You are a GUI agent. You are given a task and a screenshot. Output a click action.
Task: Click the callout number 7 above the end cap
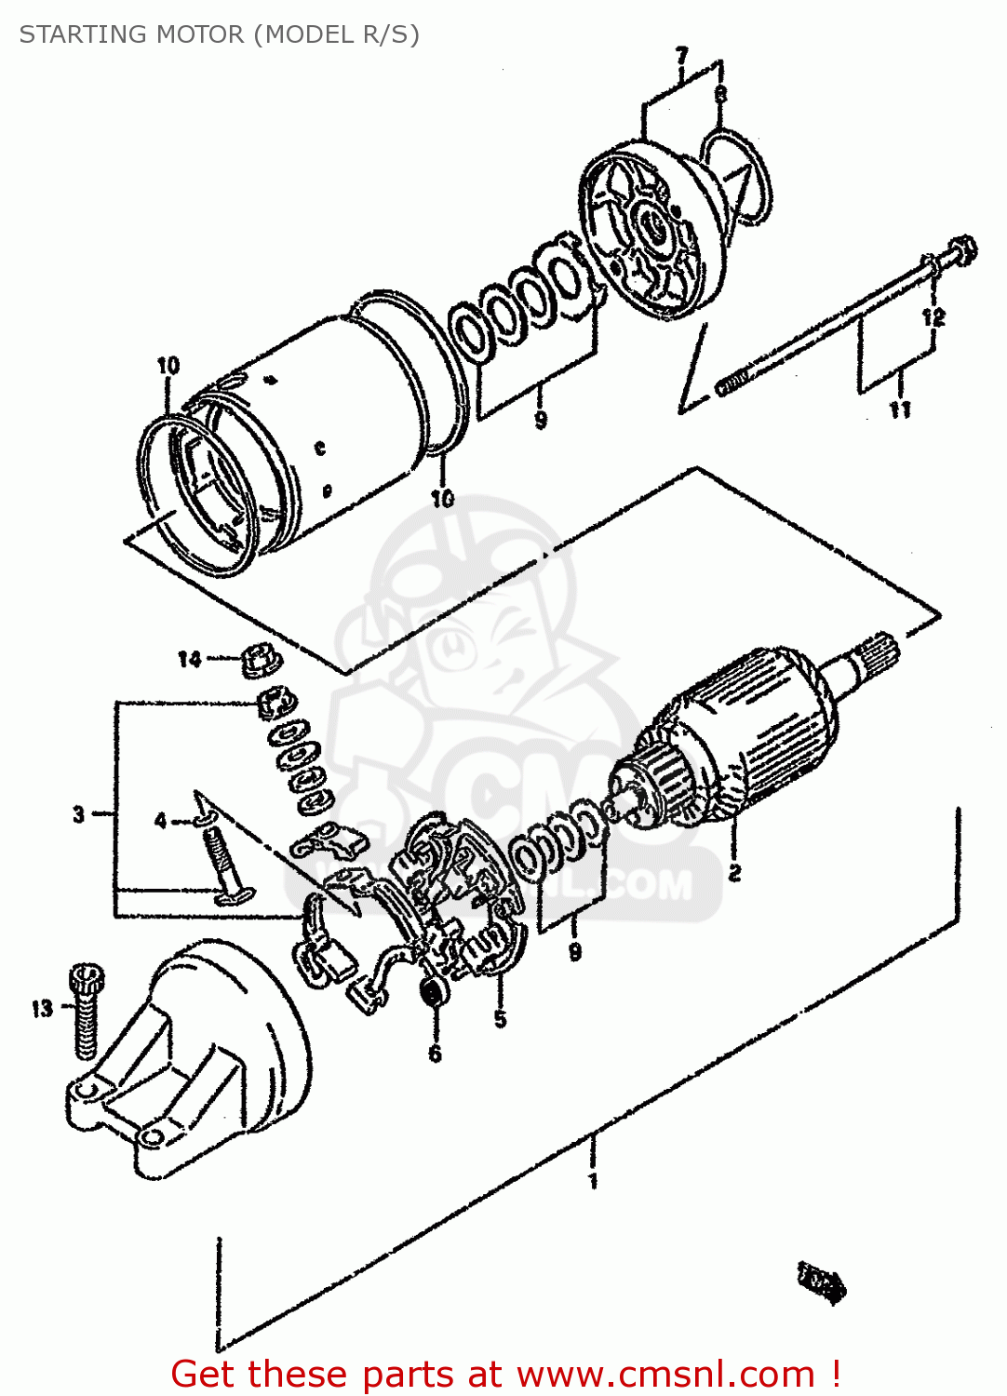click(682, 56)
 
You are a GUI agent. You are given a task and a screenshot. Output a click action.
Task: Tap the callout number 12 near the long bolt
click(933, 316)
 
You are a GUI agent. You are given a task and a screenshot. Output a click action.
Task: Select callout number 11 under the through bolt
click(900, 409)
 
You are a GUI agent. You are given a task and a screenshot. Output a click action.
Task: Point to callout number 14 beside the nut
click(189, 659)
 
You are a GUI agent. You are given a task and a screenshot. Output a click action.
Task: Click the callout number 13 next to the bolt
click(43, 1008)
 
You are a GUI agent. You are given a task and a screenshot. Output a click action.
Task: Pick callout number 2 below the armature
click(734, 872)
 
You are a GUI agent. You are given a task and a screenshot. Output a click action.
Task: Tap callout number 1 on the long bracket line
click(593, 1181)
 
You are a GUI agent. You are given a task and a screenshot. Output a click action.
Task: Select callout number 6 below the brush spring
click(435, 1053)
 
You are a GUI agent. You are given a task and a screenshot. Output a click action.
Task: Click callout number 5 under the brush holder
click(501, 1019)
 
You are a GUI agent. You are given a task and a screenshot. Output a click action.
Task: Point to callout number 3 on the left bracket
click(79, 814)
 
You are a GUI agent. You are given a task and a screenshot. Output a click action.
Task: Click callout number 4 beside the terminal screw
click(161, 820)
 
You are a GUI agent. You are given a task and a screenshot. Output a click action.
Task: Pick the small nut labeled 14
click(261, 660)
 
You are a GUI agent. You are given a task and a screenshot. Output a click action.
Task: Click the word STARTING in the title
click(81, 34)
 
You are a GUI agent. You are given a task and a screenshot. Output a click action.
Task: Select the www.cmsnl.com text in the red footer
click(665, 1374)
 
